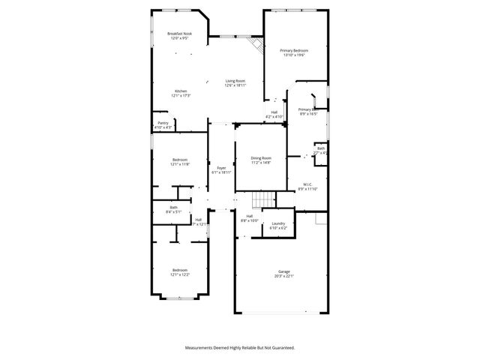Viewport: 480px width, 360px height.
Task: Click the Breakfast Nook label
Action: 180,34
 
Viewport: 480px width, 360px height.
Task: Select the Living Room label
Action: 235,81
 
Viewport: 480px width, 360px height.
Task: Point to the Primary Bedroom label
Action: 295,50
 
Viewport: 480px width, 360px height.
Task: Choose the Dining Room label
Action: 261,157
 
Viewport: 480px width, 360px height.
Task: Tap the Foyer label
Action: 221,168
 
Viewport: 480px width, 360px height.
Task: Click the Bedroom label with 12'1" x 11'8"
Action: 180,160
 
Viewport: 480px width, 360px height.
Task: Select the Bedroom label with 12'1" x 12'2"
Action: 180,270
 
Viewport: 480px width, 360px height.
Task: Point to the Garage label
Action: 284,271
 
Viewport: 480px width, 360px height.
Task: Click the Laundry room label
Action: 278,223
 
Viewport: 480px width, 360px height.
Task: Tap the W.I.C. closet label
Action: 307,184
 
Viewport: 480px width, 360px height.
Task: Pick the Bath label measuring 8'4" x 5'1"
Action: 173,208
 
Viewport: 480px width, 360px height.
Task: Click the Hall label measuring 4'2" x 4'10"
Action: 274,112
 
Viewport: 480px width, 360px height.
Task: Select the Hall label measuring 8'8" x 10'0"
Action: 249,216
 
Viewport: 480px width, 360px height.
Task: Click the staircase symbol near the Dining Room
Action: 263,199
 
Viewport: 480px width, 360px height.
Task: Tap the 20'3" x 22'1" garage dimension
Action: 284,276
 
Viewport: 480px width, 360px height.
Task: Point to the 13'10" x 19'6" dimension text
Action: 295,55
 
